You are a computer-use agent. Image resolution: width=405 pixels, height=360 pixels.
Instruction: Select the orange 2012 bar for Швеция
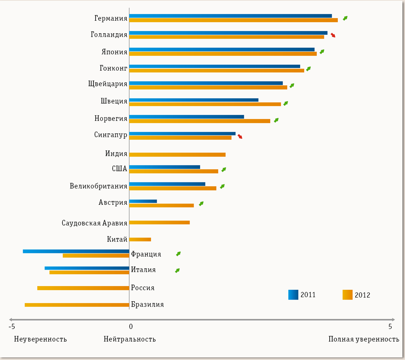tap(205, 104)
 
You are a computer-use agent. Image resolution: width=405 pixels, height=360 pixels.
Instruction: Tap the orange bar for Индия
tap(177, 154)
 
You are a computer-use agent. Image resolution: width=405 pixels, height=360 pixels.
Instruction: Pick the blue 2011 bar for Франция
tap(76, 251)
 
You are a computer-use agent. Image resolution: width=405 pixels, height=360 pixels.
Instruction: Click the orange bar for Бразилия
tap(77, 305)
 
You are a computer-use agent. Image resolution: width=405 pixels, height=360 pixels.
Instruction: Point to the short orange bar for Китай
tap(140, 240)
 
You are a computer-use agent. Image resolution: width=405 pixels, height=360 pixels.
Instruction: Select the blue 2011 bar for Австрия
tap(143, 201)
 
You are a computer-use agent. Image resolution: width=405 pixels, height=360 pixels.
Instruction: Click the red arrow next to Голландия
tap(333, 35)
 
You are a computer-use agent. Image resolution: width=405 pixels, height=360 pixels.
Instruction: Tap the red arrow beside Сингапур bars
tap(240, 137)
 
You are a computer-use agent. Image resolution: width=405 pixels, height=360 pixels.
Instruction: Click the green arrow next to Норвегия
tap(276, 120)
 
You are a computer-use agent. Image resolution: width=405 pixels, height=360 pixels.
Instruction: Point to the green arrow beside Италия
tap(177, 270)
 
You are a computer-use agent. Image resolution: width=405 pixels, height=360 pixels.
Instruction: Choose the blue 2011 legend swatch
tap(293, 295)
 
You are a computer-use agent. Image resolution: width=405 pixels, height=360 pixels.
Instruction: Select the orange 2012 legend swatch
tap(347, 295)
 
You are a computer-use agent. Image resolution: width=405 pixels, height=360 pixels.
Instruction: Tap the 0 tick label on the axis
tap(130, 326)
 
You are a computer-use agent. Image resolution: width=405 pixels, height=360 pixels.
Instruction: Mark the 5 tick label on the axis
tap(390, 326)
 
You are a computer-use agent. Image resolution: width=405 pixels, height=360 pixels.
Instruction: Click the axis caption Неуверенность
tap(40, 339)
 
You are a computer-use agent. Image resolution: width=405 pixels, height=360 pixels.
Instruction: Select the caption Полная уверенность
tap(364, 339)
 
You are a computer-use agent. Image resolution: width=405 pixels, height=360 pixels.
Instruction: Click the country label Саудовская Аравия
tap(94, 223)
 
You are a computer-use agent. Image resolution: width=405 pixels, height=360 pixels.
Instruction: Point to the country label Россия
tap(143, 288)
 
